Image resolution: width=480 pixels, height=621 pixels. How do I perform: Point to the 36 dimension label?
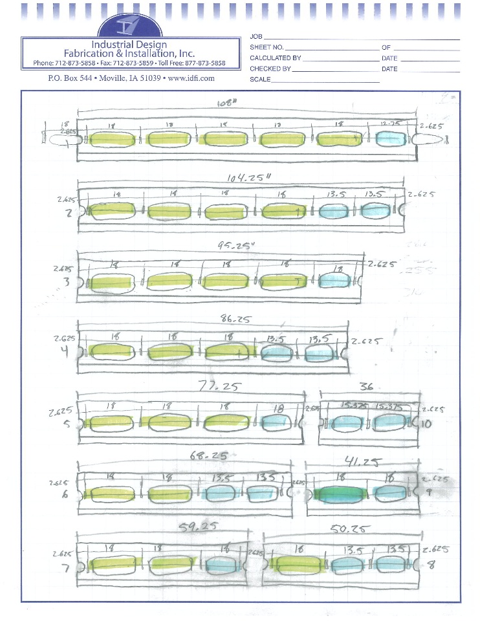point(367,387)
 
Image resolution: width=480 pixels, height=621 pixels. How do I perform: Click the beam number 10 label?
point(427,423)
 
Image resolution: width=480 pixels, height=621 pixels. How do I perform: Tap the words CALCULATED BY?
point(276,58)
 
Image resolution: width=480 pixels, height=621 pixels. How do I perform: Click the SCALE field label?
point(260,79)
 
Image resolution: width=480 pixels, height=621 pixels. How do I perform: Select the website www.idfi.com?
point(191,78)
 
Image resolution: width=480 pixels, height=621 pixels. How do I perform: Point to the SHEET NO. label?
point(267,48)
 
